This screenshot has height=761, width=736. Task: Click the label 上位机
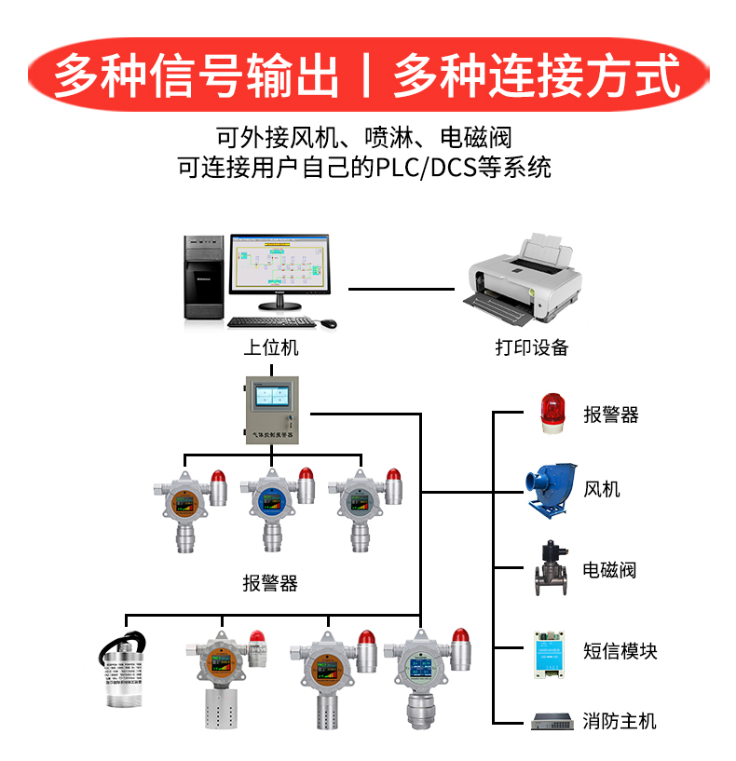[x=271, y=348]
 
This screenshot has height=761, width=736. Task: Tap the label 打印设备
[x=532, y=348]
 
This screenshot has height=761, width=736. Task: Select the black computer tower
[x=203, y=279]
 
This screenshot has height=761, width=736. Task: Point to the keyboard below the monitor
[x=271, y=322]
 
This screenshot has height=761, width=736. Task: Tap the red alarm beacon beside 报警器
[x=552, y=413]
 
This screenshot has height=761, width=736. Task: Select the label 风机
[x=602, y=490]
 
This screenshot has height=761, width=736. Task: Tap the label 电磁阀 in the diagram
[x=610, y=570]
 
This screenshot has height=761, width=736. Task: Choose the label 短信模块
[x=620, y=650]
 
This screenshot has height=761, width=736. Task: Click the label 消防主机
[x=620, y=721]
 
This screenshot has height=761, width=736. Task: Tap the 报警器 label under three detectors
[x=270, y=584]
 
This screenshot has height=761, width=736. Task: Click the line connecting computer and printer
[x=405, y=290]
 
